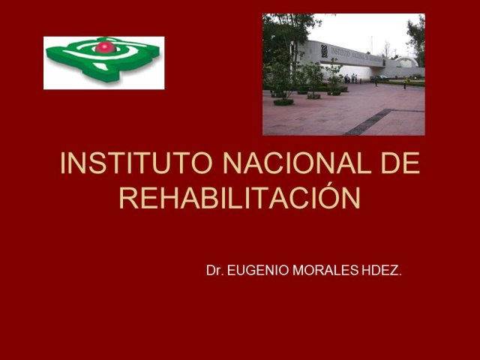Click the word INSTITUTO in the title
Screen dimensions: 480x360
(136, 163)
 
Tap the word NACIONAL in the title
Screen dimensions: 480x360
(297, 163)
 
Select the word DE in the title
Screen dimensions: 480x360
(400, 163)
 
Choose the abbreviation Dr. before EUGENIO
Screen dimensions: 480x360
(215, 270)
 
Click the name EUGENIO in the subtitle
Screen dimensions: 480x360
(258, 270)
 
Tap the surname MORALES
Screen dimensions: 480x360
(325, 270)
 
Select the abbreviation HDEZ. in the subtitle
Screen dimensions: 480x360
(381, 270)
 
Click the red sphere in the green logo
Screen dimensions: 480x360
(105, 47)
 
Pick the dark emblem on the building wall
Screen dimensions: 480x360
(324, 51)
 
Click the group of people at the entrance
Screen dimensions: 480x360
(351, 78)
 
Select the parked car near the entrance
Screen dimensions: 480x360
(379, 78)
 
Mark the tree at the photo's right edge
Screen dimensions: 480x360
(417, 40)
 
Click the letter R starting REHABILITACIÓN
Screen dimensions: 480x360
(129, 198)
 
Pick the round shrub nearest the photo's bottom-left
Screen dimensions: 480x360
(283, 102)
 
